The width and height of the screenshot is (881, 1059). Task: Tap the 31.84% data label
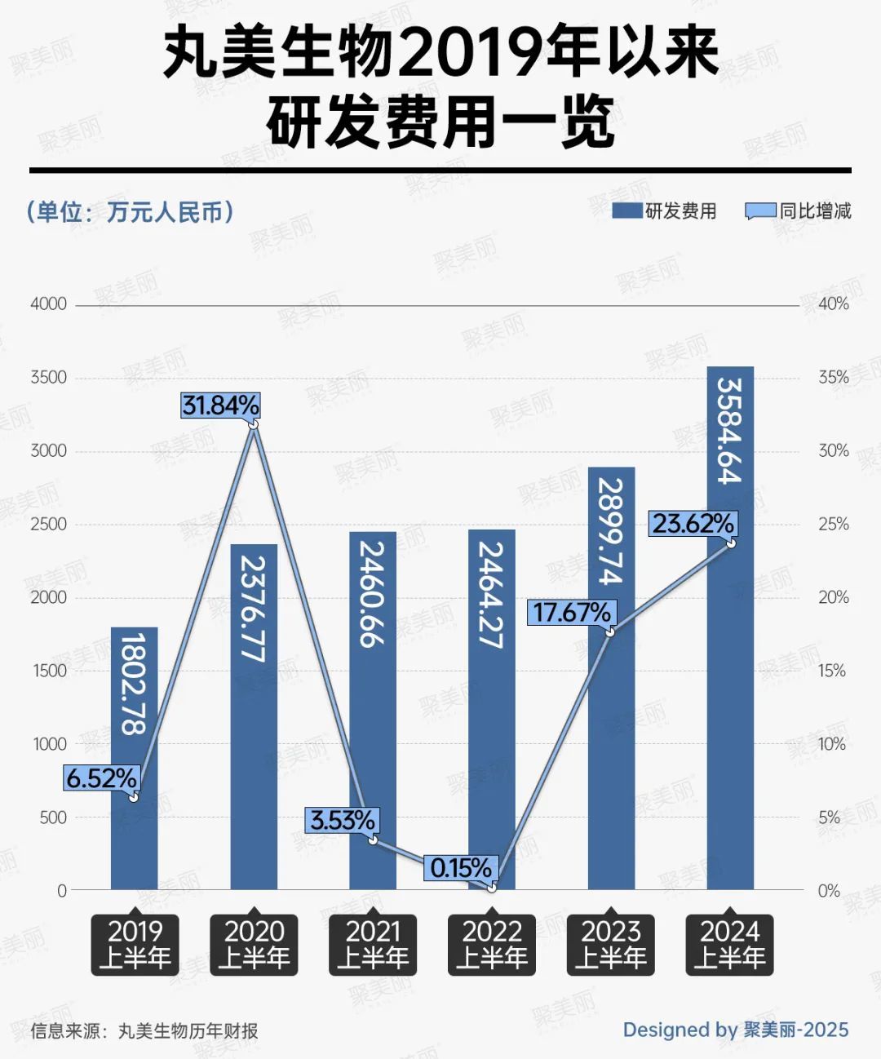[220, 405]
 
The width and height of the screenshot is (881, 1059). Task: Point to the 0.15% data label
[461, 867]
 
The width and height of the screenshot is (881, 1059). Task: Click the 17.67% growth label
[571, 612]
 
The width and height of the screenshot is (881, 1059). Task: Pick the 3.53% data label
[343, 820]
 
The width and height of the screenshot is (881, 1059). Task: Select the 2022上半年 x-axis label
[492, 944]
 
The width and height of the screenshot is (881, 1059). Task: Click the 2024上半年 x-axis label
[729, 944]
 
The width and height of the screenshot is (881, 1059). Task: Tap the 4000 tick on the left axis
[48, 304]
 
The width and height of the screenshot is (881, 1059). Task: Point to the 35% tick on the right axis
[834, 377]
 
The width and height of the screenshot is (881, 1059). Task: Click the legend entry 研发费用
[665, 211]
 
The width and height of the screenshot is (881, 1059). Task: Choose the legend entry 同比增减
[799, 211]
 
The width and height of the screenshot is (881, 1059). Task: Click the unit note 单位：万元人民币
[131, 212]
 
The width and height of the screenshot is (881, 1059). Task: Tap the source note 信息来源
[144, 1030]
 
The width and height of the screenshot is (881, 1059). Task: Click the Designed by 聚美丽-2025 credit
[736, 1030]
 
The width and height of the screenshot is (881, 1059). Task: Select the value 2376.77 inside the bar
[254, 609]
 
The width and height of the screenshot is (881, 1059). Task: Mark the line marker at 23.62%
[731, 543]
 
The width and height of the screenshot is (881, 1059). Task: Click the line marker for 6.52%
[134, 795]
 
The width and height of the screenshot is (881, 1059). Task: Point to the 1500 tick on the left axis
[48, 671]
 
